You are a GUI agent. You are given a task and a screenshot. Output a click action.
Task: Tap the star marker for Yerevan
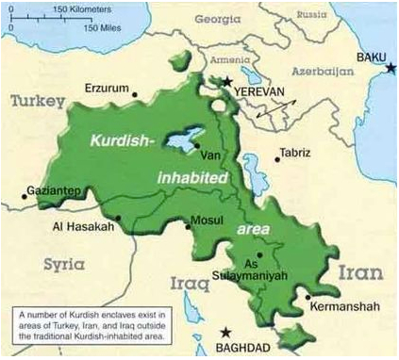(x=226, y=82)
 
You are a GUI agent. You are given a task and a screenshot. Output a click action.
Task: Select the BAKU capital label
(x=372, y=57)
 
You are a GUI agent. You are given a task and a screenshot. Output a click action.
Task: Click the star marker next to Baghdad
(x=225, y=332)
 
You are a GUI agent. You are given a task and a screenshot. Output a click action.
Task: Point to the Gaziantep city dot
(x=24, y=197)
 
